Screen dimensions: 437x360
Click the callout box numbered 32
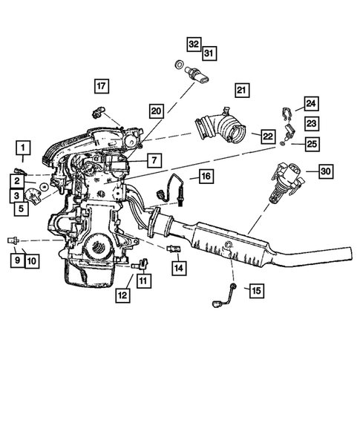[193, 44]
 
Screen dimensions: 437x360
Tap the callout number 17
[101, 86]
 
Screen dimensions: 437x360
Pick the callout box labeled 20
[155, 111]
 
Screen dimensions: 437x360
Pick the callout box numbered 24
[310, 104]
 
